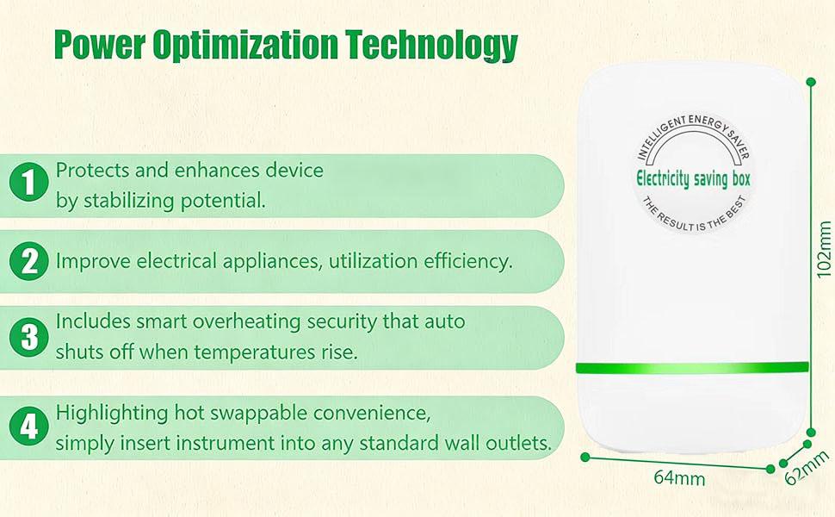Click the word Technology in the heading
click(431, 45)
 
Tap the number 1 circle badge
click(28, 182)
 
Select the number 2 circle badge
click(28, 261)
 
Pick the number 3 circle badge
click(28, 337)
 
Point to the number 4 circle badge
click(28, 426)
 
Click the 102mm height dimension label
click(823, 249)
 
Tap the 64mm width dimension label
click(679, 477)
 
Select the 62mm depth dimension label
click(807, 468)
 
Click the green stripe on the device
click(692, 368)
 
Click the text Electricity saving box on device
click(693, 178)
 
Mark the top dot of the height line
click(811, 82)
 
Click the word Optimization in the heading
click(245, 46)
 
